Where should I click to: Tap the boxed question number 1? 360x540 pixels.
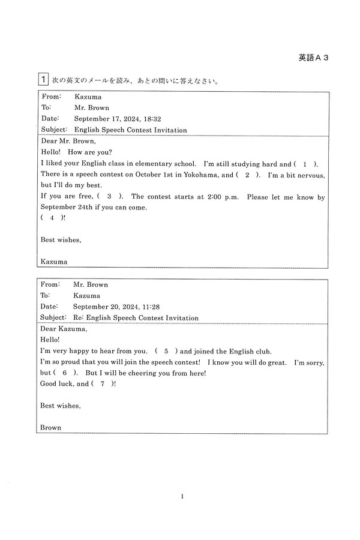[x=43, y=80]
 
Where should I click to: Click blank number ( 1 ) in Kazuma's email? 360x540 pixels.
[x=306, y=164]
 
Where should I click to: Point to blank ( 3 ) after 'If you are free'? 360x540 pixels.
[x=109, y=196]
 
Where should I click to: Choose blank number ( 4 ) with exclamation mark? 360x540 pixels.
[x=52, y=218]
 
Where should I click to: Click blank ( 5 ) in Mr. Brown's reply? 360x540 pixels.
[x=166, y=351]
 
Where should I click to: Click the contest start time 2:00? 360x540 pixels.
[x=217, y=196]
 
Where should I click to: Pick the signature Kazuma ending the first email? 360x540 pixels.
[x=53, y=261]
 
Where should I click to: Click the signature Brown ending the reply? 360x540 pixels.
[x=51, y=427]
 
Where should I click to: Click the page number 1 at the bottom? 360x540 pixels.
[x=181, y=496]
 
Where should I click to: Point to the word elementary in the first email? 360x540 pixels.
[x=158, y=164]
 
